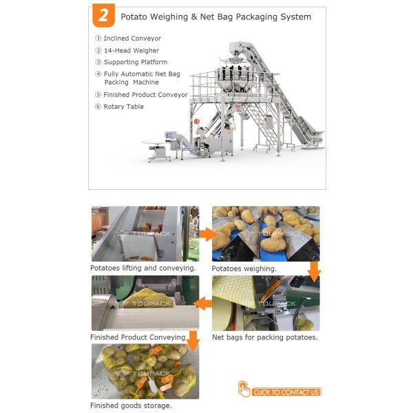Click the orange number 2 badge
click(x=103, y=15)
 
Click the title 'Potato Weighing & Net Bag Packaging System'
click(x=215, y=17)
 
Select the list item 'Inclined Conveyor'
click(x=132, y=38)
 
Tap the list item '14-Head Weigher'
click(x=131, y=50)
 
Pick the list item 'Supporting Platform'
click(x=136, y=62)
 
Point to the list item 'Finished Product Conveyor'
click(x=146, y=94)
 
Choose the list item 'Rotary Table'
click(x=123, y=107)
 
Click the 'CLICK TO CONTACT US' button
click(x=286, y=392)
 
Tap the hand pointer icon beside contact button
click(x=244, y=389)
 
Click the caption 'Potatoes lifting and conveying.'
click(x=143, y=268)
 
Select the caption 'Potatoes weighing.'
click(x=244, y=268)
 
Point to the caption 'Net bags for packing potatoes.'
click(x=265, y=337)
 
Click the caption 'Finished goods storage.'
click(x=131, y=405)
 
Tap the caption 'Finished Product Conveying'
click(x=138, y=337)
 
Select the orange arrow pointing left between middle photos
click(x=202, y=304)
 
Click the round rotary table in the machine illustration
click(x=153, y=142)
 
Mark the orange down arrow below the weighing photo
click(x=315, y=272)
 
